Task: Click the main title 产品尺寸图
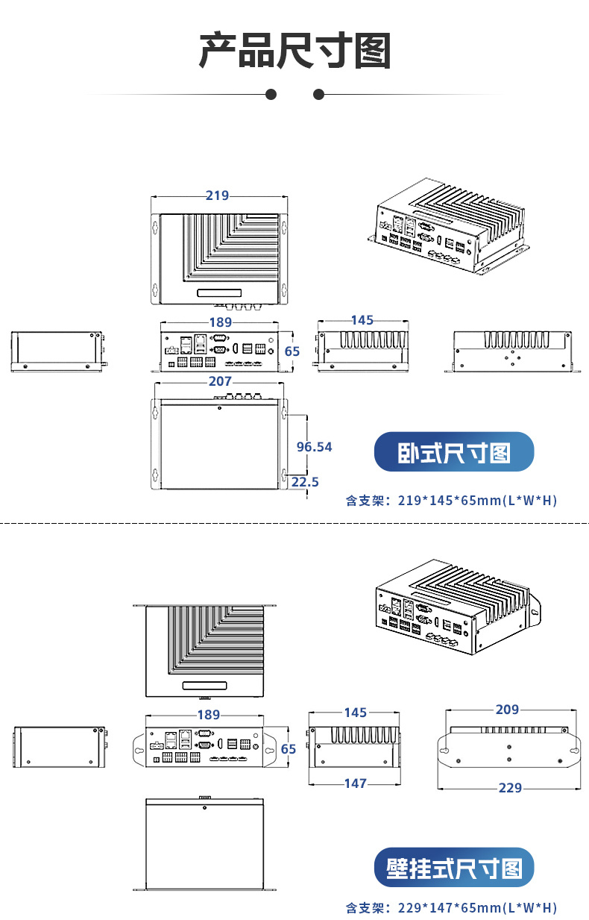click(294, 51)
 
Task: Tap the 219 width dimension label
click(217, 195)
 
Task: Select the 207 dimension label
click(220, 381)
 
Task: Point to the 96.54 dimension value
click(314, 447)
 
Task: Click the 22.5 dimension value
click(305, 482)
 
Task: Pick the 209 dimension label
click(507, 710)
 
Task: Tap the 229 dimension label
click(510, 787)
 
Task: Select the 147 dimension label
click(356, 783)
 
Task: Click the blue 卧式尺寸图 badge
click(453, 452)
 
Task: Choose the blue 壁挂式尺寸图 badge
click(453, 868)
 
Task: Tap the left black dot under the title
click(271, 94)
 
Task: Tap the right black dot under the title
click(318, 94)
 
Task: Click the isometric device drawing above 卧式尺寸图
click(449, 227)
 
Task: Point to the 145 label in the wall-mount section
click(356, 713)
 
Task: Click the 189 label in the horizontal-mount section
click(220, 322)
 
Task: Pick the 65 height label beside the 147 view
click(289, 748)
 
